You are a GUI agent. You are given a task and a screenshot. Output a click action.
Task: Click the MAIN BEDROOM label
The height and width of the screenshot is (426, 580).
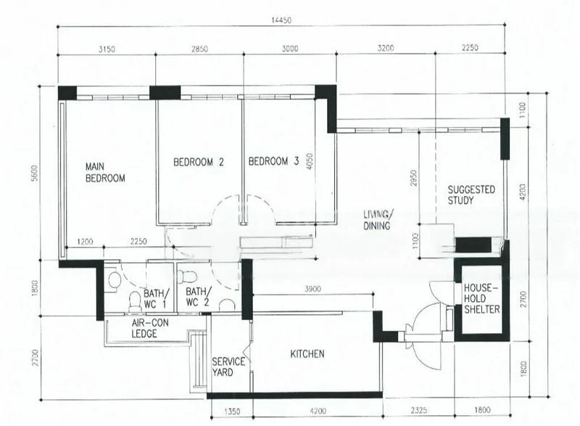(x=105, y=171)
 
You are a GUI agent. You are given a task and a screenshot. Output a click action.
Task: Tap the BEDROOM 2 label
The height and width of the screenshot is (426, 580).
(x=197, y=162)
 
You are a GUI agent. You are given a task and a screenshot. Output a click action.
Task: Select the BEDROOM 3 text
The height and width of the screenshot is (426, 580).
(x=273, y=162)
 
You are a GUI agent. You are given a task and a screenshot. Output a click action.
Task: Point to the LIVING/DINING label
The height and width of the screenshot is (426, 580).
(x=378, y=220)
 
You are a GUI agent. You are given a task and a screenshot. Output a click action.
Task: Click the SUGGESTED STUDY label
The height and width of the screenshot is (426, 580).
(x=471, y=194)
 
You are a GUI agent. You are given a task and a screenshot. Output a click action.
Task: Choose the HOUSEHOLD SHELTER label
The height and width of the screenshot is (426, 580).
(x=481, y=298)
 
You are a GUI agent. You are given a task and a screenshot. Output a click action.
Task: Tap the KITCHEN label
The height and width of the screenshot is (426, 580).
(x=307, y=354)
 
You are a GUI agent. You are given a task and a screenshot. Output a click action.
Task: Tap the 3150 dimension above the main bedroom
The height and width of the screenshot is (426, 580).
(x=107, y=49)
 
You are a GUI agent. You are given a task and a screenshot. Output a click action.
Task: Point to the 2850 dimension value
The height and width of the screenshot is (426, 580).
(x=199, y=49)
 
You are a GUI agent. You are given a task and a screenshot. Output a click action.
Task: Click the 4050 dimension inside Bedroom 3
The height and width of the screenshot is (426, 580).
(x=309, y=161)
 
